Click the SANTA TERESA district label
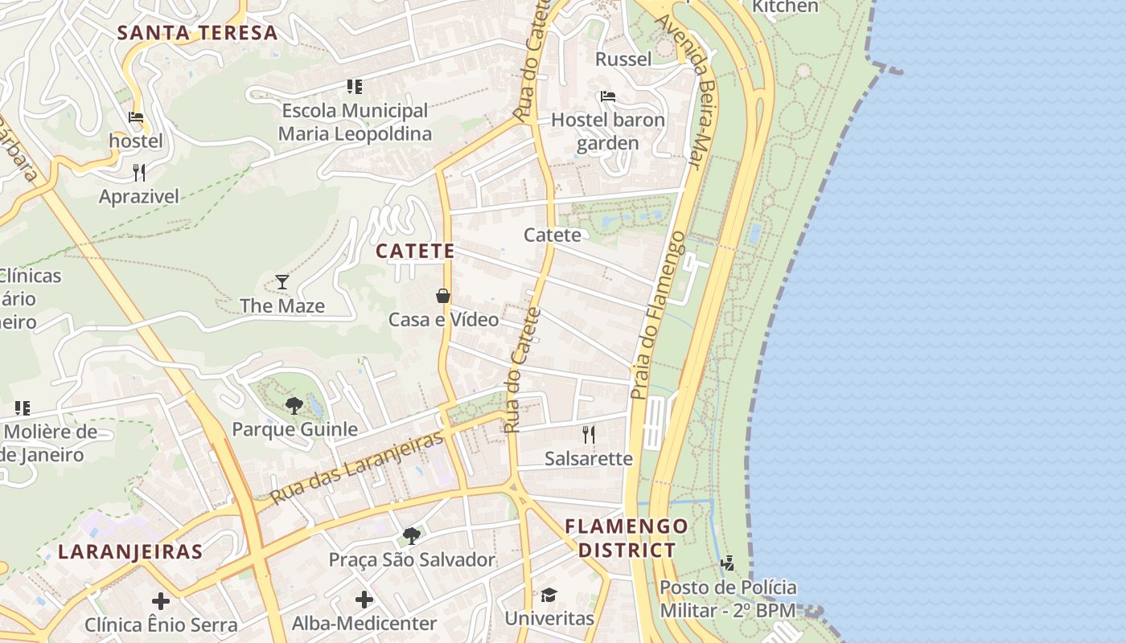[x=197, y=33]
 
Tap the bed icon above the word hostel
[x=136, y=117]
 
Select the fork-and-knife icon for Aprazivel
[x=139, y=172]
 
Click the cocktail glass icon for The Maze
[x=282, y=281]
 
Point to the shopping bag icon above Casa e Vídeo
[x=443, y=296]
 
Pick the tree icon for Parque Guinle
[x=294, y=405]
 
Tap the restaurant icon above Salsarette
[x=589, y=435]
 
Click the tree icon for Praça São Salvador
[x=412, y=535]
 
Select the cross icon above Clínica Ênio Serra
[x=161, y=600]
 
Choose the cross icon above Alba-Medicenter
[x=364, y=599]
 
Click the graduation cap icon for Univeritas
[x=549, y=595]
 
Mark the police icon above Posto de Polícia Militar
[x=728, y=563]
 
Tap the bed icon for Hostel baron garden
[x=608, y=96]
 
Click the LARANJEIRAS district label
[x=130, y=552]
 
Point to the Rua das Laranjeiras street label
[x=357, y=467]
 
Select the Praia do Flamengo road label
[x=657, y=316]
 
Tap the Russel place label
[x=623, y=59]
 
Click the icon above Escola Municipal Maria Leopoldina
[x=355, y=86]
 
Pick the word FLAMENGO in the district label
[x=627, y=527]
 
